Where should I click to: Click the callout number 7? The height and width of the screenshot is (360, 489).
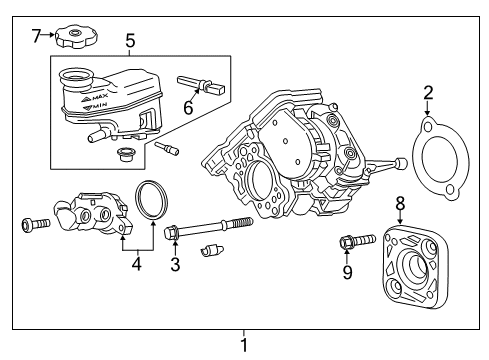click(x=35, y=36)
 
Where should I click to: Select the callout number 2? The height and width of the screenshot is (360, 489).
click(x=427, y=94)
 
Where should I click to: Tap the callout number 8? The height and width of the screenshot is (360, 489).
click(x=399, y=204)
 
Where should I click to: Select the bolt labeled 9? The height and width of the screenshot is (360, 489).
click(x=356, y=240)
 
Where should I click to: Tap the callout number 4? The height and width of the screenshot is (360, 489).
click(x=136, y=267)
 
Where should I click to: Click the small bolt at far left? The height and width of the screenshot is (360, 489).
click(x=35, y=223)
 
